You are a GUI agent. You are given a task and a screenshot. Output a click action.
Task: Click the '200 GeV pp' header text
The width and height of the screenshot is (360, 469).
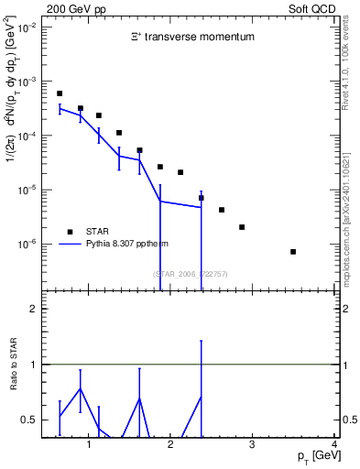tap(72, 8)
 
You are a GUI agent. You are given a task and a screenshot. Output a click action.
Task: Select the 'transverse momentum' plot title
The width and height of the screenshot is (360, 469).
tap(191, 38)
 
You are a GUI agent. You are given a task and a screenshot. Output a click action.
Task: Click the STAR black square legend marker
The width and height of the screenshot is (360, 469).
tap(70, 231)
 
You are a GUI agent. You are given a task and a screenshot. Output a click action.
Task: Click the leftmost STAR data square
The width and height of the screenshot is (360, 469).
tap(60, 93)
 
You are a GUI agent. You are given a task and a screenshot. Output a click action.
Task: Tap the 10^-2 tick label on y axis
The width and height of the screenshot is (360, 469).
tap(26, 27)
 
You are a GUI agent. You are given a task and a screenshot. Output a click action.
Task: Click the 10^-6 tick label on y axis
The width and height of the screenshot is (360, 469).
tap(26, 245)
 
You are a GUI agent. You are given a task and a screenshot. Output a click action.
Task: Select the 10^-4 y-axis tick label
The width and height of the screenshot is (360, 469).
tap(26, 136)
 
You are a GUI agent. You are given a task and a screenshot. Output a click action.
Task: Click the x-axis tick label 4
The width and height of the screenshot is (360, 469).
tap(334, 445)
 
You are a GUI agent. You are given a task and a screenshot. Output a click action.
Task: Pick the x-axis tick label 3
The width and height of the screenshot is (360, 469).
tap(253, 445)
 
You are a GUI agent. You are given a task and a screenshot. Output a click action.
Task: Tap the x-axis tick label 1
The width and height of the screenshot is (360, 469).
tap(89, 445)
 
